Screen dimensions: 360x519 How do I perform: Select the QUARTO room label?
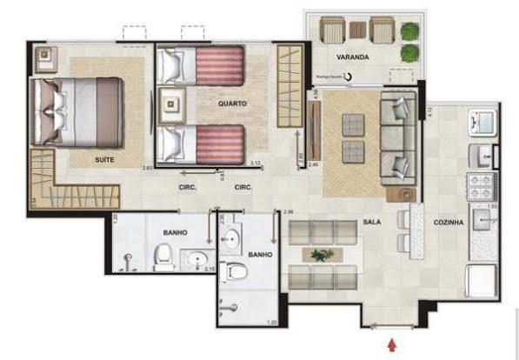click(x=232, y=103)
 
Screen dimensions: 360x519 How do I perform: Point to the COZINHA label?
click(x=449, y=223)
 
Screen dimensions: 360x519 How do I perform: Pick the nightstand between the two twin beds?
click(x=172, y=103)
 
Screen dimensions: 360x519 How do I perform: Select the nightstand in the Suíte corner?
click(x=43, y=59)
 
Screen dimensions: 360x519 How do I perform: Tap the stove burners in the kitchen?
click(x=481, y=185)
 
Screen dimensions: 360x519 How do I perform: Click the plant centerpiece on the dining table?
click(x=323, y=255)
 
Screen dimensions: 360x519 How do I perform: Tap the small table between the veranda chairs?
click(x=358, y=30)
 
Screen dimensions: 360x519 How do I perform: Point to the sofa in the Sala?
click(x=396, y=136)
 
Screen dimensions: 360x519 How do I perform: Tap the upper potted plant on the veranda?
click(x=408, y=32)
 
